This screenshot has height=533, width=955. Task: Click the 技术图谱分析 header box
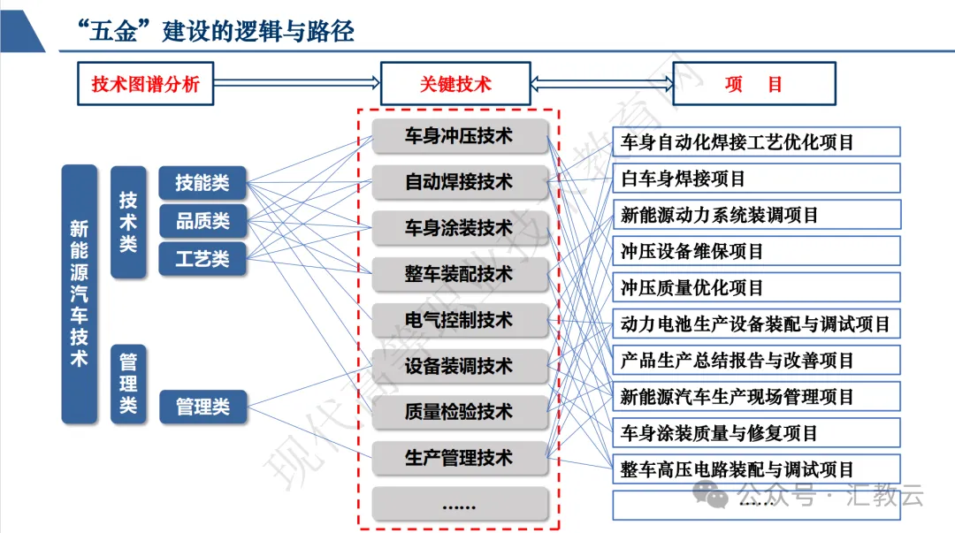[x=146, y=84]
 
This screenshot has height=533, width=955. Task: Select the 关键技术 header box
[x=455, y=84]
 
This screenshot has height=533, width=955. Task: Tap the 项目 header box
[x=754, y=84]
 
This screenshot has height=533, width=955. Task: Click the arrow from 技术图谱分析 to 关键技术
[x=296, y=84]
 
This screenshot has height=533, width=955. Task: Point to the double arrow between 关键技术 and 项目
[x=602, y=84]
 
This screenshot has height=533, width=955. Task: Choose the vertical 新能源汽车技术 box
[x=79, y=293]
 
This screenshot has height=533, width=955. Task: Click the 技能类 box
[x=202, y=183]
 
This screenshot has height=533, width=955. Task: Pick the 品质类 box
[x=202, y=221]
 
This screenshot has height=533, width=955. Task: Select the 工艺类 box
[x=202, y=259]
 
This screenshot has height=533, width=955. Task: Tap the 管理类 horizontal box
[x=202, y=407]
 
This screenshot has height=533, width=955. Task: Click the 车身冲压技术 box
[x=460, y=137]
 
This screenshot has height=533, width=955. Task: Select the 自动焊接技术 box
[x=460, y=183]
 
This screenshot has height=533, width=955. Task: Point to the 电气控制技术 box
[x=460, y=320]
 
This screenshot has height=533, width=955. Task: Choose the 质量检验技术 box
[x=460, y=412]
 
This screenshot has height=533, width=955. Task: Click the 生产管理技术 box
[x=460, y=458]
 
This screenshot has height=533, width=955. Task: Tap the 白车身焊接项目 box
[x=756, y=179]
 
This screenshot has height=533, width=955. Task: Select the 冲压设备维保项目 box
[x=756, y=251]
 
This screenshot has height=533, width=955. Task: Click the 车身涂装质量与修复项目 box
[x=756, y=433]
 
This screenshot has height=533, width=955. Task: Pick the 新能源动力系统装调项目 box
[x=756, y=215]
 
